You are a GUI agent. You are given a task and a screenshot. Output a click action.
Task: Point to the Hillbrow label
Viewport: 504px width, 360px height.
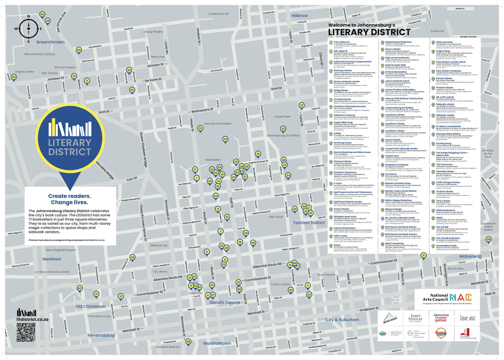point(300,16)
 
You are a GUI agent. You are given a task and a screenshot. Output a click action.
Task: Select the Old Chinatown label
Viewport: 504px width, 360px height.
point(90,306)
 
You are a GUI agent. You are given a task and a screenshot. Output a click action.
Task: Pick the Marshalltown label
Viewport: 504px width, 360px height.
point(217,343)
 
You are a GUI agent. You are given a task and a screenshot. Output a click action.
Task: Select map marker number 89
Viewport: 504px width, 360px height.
point(42,15)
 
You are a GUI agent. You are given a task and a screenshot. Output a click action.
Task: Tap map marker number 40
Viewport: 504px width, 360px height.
point(488,239)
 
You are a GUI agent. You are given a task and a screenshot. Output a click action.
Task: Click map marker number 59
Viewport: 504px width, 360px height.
point(188,341)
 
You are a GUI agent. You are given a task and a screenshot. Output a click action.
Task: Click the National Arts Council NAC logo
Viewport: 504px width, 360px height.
point(447,299)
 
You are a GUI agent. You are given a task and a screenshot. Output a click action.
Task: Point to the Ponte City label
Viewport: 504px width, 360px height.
point(437,31)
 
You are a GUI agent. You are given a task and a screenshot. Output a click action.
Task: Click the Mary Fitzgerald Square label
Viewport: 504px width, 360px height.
point(60,250)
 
